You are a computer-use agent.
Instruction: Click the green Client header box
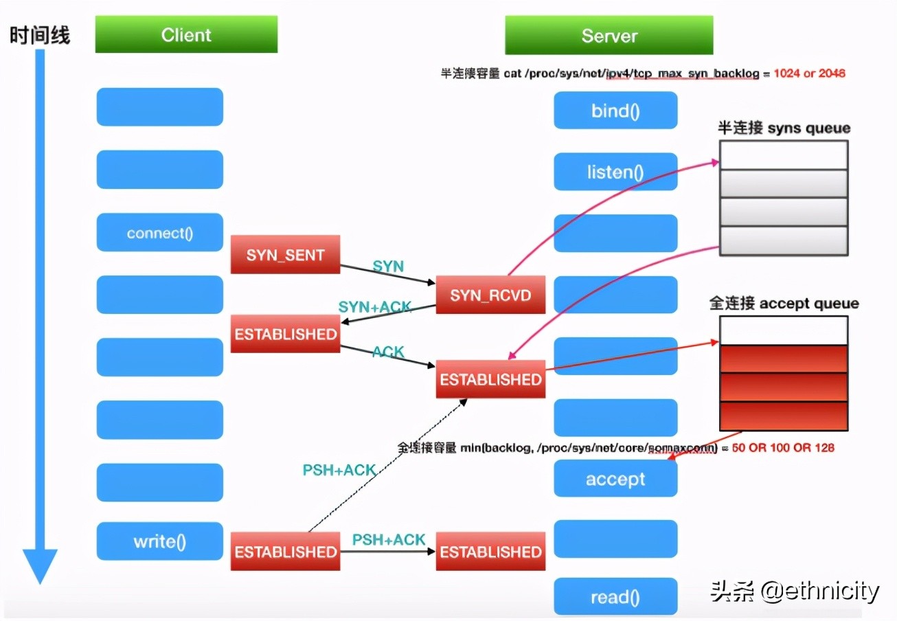(186, 34)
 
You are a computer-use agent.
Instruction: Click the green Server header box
(609, 36)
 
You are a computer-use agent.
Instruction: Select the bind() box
(615, 111)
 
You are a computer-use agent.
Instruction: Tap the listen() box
(615, 172)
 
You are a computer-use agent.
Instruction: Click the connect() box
(159, 233)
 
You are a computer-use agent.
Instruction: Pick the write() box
(159, 541)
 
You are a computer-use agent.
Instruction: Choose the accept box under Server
(615, 479)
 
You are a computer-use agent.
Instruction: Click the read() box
(615, 597)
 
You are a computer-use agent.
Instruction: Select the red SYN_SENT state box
(285, 255)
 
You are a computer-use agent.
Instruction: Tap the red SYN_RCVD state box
(490, 295)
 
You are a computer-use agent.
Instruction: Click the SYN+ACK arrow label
(375, 307)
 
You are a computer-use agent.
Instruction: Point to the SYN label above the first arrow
(388, 266)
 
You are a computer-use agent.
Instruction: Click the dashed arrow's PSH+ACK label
(339, 470)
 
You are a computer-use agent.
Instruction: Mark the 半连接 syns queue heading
(784, 128)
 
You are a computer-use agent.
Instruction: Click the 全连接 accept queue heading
(784, 303)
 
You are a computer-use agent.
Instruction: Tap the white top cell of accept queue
(784, 330)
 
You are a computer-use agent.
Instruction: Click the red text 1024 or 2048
(809, 73)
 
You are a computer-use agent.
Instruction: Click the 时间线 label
(39, 34)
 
